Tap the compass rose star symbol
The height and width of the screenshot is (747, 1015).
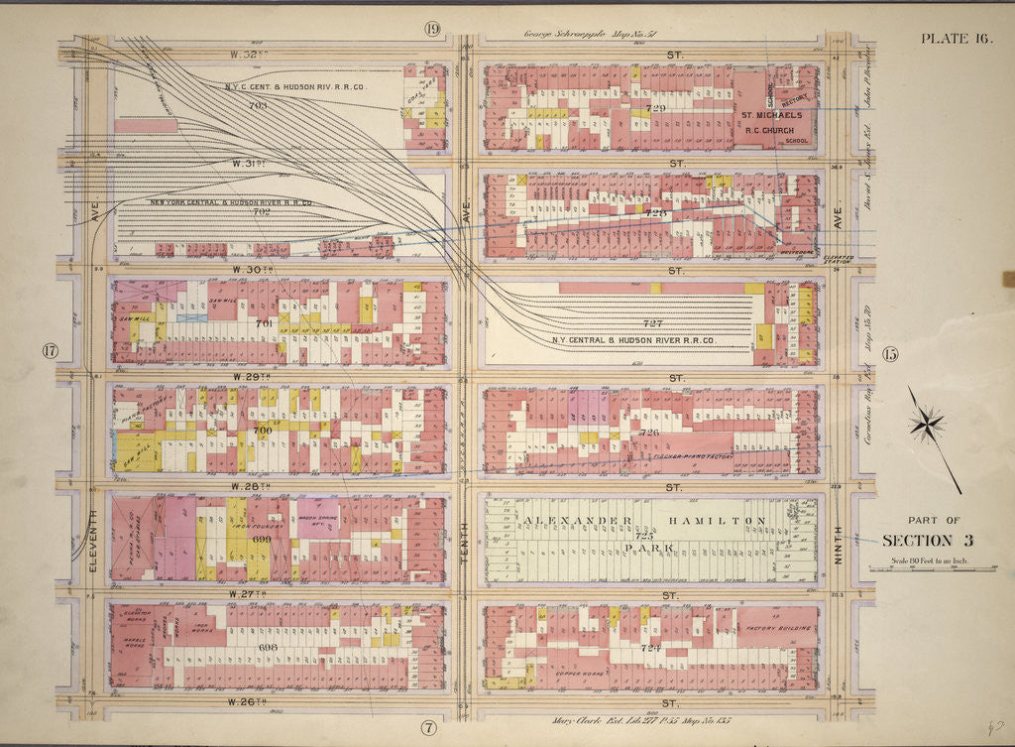927,424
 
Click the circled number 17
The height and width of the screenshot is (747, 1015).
48,350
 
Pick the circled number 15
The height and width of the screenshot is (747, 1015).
889,354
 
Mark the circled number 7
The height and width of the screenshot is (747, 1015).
428,727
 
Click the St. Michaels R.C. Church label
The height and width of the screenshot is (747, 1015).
773,120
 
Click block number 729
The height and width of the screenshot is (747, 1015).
655,107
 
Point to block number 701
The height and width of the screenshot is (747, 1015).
264,323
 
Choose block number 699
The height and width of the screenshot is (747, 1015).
262,538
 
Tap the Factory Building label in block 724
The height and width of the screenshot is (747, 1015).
780,628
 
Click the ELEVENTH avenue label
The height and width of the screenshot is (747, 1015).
91,543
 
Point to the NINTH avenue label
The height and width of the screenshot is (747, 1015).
838,547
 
